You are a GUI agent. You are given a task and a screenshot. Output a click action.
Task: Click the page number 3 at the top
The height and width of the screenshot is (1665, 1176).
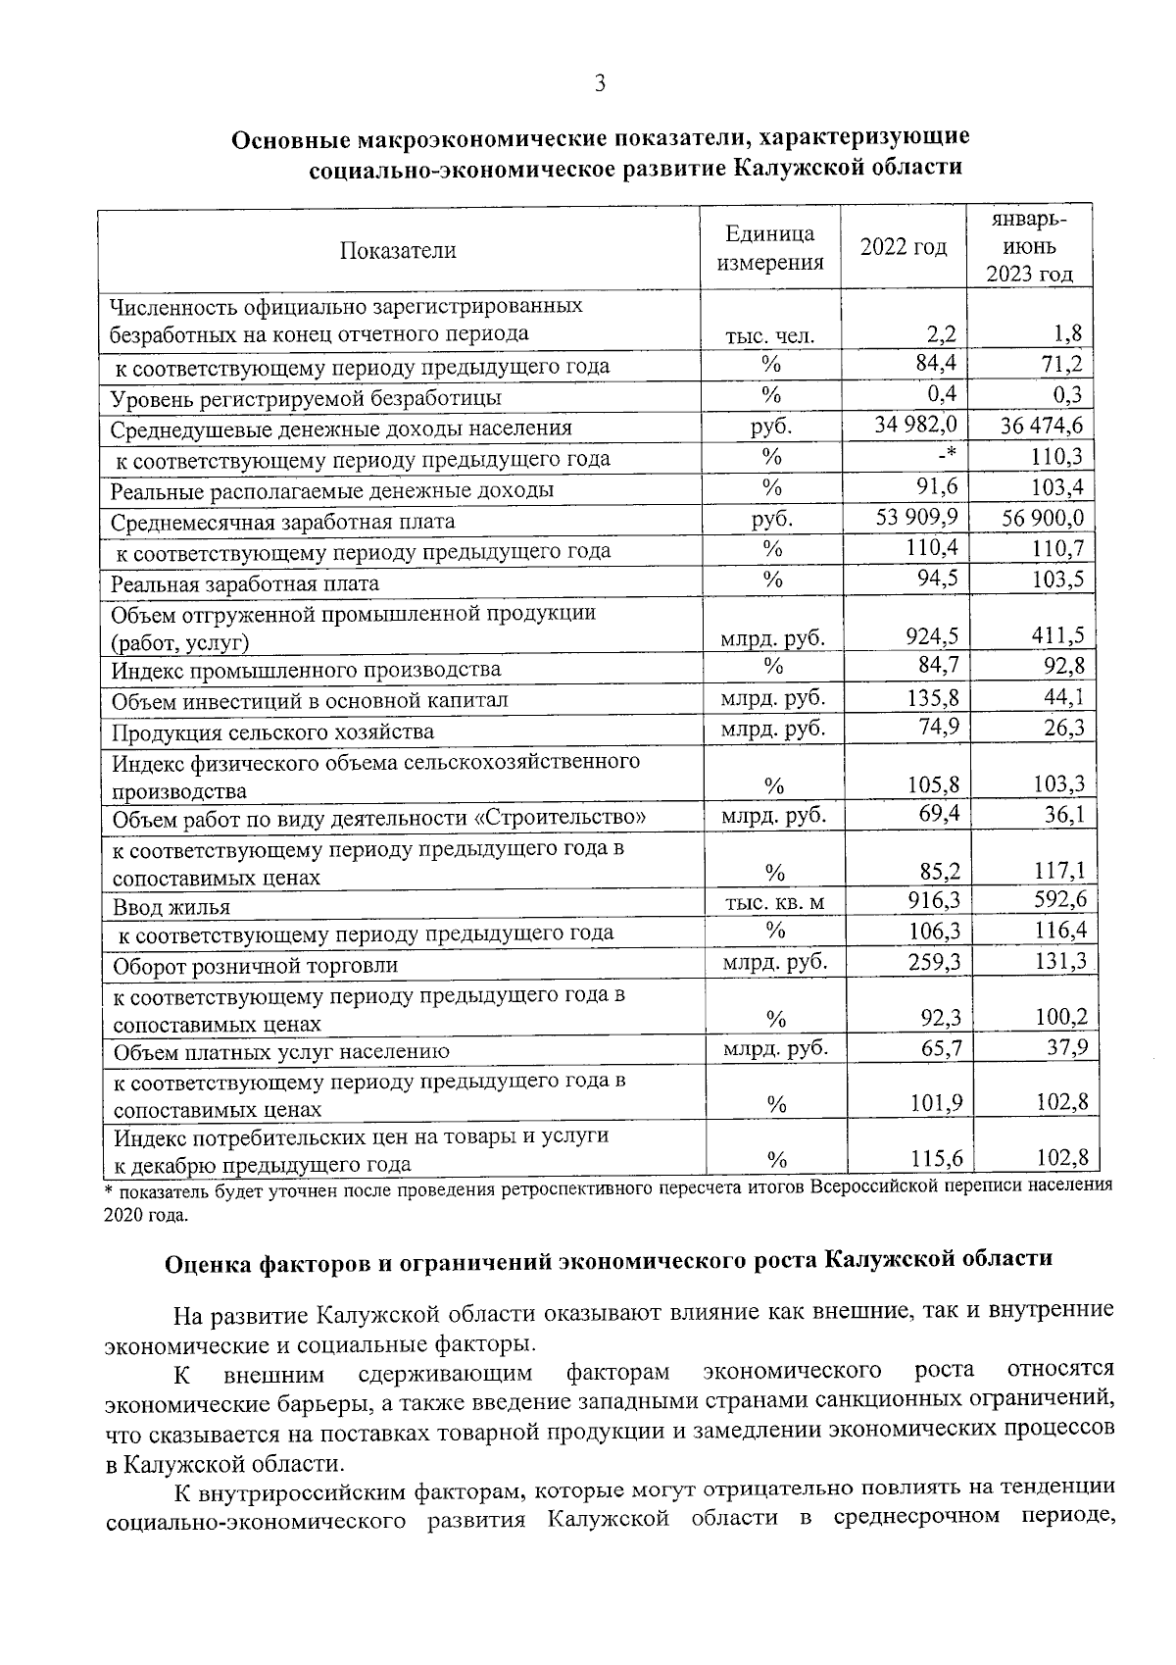click(600, 83)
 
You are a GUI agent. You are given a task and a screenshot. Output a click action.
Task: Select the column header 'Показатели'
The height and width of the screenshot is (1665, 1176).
click(398, 250)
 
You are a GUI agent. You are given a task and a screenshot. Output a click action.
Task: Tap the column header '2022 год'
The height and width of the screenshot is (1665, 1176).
click(904, 248)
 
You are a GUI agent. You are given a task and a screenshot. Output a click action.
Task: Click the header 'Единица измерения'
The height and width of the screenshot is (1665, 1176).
click(769, 248)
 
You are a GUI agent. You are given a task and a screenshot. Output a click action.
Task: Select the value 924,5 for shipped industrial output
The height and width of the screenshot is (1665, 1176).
click(932, 638)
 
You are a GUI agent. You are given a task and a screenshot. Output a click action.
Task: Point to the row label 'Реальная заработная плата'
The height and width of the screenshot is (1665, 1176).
click(244, 584)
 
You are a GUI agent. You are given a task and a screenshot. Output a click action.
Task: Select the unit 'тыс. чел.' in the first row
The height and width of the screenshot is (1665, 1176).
click(769, 336)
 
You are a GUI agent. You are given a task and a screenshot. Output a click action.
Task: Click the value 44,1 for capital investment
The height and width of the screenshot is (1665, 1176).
click(1064, 697)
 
